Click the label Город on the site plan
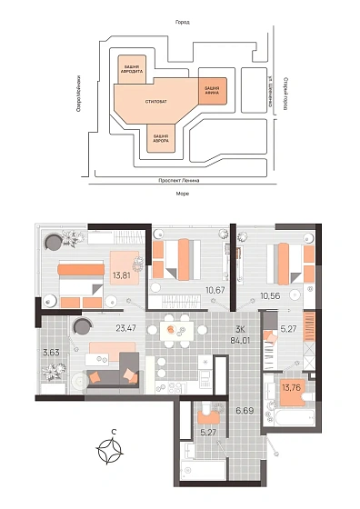[x=183, y=22]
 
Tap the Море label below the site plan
[x=183, y=193]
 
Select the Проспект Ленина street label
[x=183, y=180]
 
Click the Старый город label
[x=285, y=94]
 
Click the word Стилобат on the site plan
[x=155, y=100]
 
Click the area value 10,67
[x=214, y=290]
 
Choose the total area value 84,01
[x=240, y=344]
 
